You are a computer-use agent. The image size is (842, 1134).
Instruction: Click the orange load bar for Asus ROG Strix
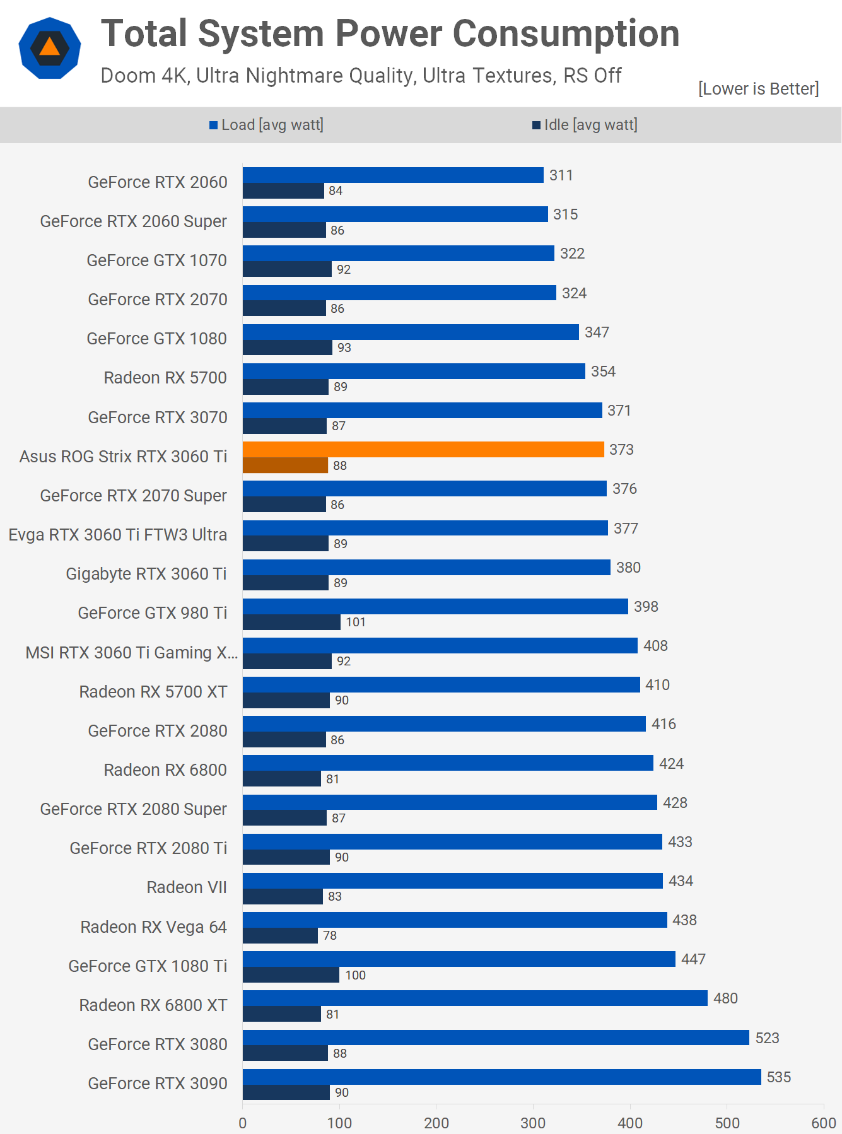[423, 449]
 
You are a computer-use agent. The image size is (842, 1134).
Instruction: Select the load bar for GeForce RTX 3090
[501, 1077]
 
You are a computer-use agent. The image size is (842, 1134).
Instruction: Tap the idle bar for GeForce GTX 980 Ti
[291, 622]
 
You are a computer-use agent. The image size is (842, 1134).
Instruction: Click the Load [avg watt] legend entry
[266, 125]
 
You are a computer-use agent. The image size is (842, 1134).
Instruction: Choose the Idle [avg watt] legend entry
[585, 125]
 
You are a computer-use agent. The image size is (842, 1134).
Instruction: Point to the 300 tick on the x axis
[533, 1123]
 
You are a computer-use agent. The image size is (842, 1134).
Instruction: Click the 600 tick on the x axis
[823, 1123]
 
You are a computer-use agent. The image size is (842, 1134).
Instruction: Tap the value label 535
[778, 1077]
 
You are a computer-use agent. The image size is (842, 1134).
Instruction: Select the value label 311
[561, 175]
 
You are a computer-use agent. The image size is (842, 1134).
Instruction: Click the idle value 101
[356, 623]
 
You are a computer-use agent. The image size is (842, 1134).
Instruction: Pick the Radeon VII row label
[187, 887]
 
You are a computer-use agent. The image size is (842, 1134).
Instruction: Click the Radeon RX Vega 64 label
[153, 927]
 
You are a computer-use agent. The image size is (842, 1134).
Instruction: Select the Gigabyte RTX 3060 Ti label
[146, 574]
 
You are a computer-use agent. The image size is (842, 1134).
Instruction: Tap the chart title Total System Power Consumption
[390, 33]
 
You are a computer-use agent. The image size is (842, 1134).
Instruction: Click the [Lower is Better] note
[758, 89]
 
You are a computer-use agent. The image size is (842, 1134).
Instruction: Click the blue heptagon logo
[50, 48]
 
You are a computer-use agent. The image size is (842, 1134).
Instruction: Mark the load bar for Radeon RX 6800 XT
[475, 998]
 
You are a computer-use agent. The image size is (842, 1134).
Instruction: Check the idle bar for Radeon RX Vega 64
[280, 935]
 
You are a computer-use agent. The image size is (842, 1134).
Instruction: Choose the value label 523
[767, 1038]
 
